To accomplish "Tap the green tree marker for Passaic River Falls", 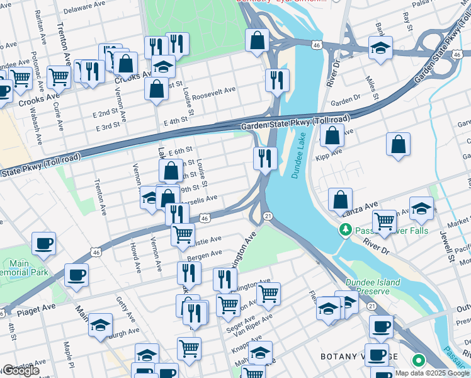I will pyautogui.click(x=344, y=230).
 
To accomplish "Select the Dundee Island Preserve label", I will pyautogui.click(x=375, y=287).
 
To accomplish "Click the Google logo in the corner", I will pyautogui.click(x=21, y=370).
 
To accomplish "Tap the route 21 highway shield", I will pyautogui.click(x=268, y=216).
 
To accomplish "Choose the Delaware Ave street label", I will pyautogui.click(x=82, y=10).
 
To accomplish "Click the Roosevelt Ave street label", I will pyautogui.click(x=213, y=90).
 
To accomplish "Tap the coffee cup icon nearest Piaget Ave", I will pyautogui.click(x=76, y=275).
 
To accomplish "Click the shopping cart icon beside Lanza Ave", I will pyautogui.click(x=384, y=221).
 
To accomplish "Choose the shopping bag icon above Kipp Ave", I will pyautogui.click(x=332, y=134).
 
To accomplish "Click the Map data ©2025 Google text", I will pyautogui.click(x=432, y=373).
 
